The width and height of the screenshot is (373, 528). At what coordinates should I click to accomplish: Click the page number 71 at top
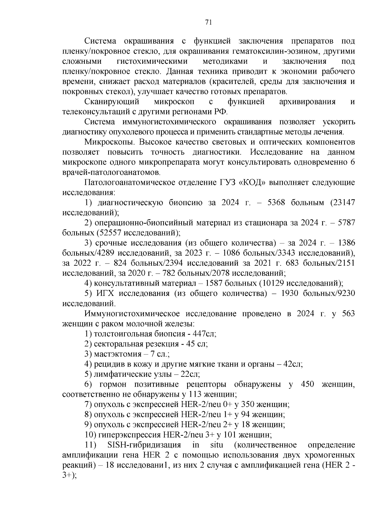click(x=209, y=22)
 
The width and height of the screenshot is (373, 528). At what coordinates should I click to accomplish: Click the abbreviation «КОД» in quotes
click(x=251, y=182)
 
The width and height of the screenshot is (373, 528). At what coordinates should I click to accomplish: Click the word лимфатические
click(x=120, y=374)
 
